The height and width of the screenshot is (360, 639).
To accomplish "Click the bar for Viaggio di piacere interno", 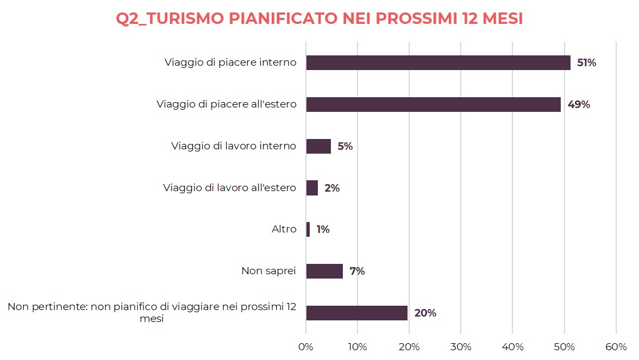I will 438,62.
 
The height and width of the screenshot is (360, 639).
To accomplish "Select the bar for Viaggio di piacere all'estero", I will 433,104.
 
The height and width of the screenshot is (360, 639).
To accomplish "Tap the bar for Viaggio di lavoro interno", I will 318,146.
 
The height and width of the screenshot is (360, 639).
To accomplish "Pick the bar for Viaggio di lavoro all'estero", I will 312,188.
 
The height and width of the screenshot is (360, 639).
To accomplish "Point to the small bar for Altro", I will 308,229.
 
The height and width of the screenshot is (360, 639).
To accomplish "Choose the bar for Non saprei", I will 324,271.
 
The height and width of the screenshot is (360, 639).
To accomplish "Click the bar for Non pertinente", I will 356,313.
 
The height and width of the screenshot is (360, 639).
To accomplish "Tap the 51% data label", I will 586,63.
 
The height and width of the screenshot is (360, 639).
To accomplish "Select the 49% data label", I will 579,105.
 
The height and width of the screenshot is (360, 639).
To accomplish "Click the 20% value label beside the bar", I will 425,313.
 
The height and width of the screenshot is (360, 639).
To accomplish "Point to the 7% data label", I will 357,271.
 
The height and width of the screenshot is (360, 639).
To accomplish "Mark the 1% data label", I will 323,230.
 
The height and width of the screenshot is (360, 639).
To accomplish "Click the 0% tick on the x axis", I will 306,347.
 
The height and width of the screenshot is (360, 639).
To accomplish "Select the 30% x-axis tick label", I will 461,347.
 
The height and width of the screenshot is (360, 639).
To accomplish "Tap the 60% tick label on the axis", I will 616,347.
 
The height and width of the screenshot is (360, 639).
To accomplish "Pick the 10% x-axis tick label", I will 358,347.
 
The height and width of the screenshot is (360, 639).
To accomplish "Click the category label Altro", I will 284,229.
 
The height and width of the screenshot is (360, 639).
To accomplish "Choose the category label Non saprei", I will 268,271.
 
